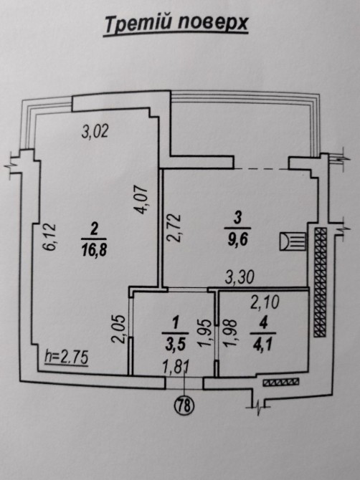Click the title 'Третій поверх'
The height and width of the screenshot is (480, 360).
(176, 24)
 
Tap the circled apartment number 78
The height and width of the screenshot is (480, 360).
(184, 405)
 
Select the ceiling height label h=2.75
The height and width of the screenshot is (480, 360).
(67, 357)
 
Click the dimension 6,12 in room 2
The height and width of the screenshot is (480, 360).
(49, 237)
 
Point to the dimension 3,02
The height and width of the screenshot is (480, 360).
(95, 132)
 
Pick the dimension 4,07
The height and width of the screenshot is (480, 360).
(142, 200)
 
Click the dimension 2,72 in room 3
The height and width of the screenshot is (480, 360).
(175, 228)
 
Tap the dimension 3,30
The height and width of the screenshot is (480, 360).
(240, 278)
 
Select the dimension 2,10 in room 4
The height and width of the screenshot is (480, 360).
(265, 302)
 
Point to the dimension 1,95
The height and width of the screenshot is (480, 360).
(205, 333)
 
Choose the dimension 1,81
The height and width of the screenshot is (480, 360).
(176, 366)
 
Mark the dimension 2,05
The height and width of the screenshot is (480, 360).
(119, 329)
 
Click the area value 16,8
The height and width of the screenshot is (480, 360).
(94, 251)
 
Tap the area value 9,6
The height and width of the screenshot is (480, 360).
(237, 240)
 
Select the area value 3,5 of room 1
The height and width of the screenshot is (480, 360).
(175, 345)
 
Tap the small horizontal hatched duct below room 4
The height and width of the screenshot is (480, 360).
(281, 382)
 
